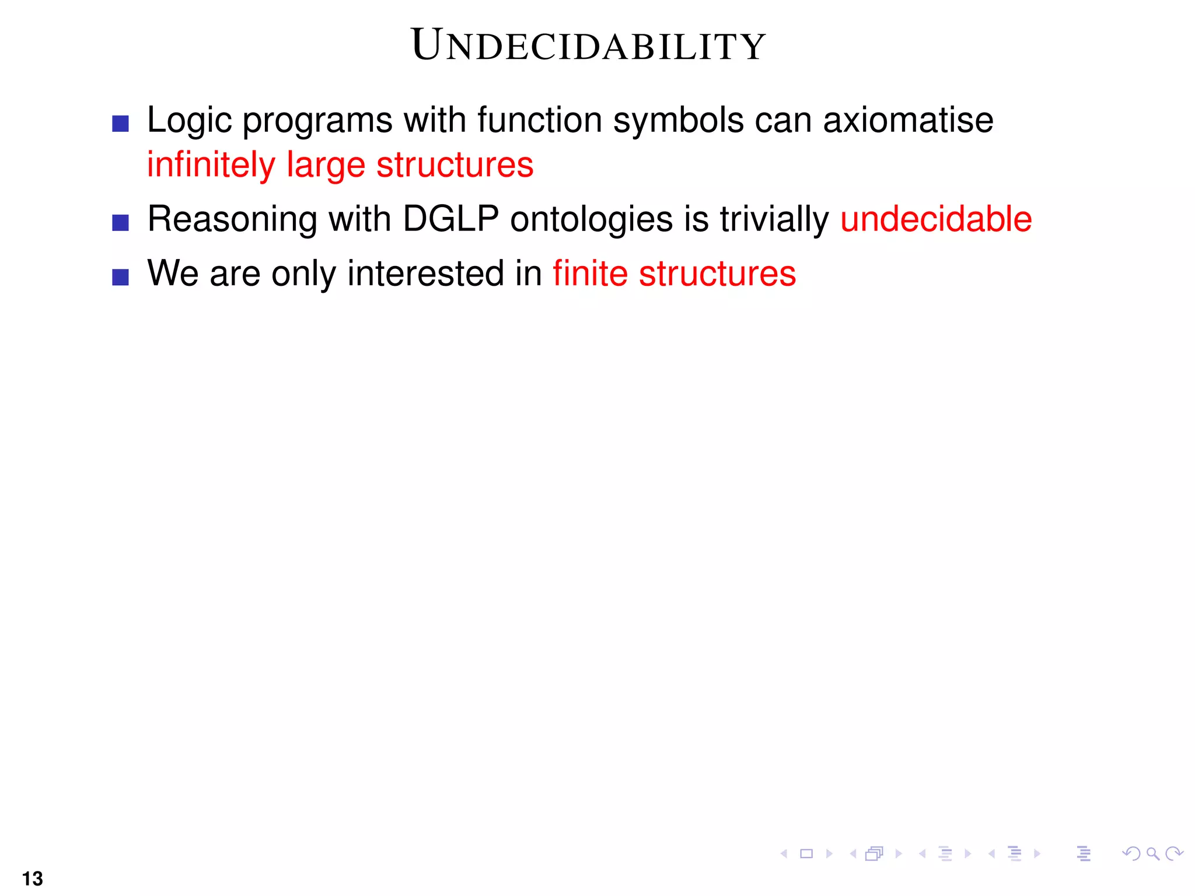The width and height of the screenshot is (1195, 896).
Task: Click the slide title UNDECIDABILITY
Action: (588, 45)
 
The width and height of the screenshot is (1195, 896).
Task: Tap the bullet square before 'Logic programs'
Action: (120, 124)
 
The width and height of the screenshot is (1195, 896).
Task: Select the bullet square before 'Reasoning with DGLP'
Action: (120, 223)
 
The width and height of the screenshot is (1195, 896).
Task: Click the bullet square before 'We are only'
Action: (120, 277)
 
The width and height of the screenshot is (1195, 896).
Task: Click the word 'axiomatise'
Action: (908, 120)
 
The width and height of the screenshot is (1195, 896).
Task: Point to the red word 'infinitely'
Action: (211, 164)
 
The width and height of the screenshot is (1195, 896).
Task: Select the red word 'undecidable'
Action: (936, 219)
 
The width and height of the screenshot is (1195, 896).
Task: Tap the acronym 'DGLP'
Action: (450, 219)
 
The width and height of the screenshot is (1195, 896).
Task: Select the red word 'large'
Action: (326, 166)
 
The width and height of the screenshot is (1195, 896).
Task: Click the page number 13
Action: (32, 878)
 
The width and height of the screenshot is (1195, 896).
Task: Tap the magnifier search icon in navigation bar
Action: (1152, 854)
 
